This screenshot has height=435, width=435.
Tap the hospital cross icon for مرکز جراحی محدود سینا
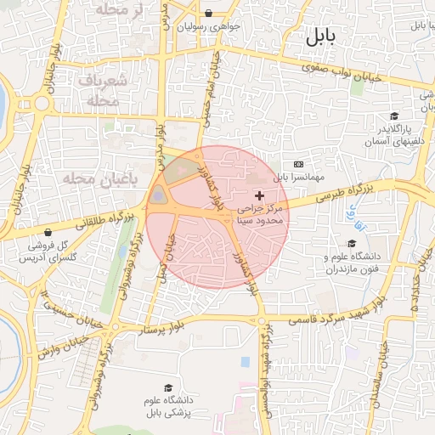[x=259, y=196]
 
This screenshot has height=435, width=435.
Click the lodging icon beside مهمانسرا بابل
[x=298, y=163]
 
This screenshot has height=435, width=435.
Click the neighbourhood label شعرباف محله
[x=107, y=89]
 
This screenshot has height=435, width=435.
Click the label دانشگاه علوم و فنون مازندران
[x=350, y=262]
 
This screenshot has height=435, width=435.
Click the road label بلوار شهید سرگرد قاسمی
[x=327, y=320]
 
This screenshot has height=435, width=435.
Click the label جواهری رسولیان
[x=209, y=26]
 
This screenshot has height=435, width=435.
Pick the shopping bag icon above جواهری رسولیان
[x=209, y=12]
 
